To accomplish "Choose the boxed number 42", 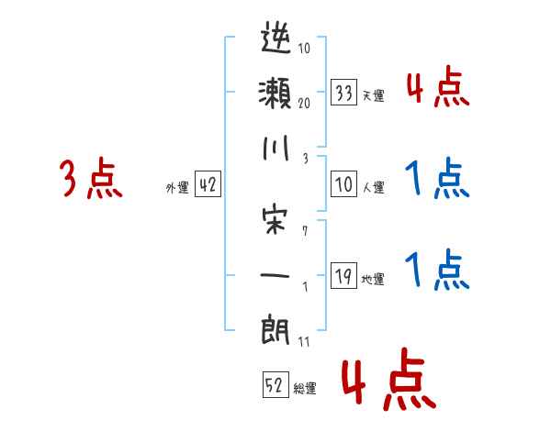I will [208, 184].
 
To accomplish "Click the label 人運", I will [374, 188].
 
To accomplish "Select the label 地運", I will [374, 279].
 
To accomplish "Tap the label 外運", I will [176, 188].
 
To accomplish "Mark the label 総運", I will [305, 389].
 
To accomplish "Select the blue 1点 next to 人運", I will [437, 179].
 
